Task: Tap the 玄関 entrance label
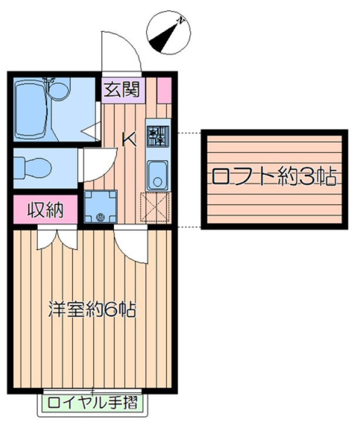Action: (122, 90)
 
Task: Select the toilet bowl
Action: (32, 166)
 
